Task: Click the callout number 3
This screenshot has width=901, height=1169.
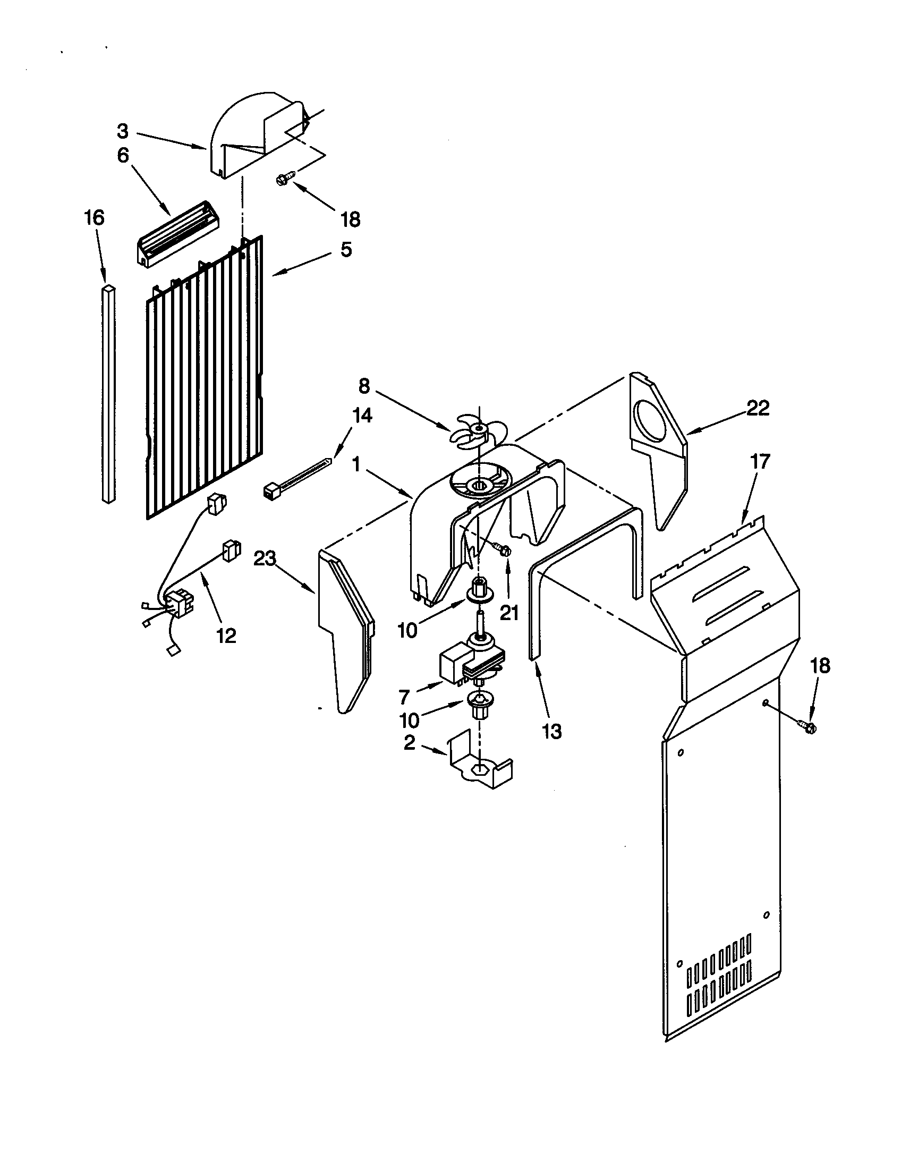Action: tap(123, 131)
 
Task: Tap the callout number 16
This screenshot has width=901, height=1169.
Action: tap(93, 218)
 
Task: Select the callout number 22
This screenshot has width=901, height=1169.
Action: tap(758, 409)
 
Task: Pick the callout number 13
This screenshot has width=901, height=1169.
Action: tap(551, 731)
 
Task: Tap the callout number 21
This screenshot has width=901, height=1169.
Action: tap(509, 613)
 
